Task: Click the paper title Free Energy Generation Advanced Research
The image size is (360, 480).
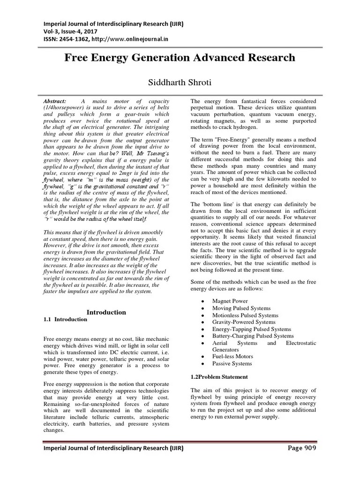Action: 180,58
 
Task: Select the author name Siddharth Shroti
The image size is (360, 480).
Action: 180,82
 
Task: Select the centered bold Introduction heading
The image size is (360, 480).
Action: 107,312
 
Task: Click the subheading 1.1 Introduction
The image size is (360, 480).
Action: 65,319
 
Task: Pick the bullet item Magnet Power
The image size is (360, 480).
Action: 230,301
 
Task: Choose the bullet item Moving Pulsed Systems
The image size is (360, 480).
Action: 241,308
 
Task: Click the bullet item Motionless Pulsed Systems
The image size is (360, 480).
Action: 245,315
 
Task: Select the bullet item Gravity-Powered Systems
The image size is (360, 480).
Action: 244,322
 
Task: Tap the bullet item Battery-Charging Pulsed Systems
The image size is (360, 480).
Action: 253,336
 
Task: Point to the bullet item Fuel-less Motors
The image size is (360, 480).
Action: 232,356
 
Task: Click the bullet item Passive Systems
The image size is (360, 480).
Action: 232,363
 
